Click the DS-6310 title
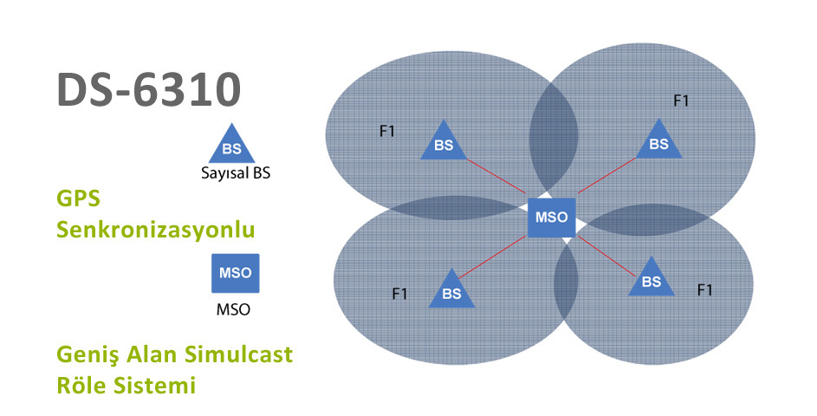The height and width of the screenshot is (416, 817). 148,89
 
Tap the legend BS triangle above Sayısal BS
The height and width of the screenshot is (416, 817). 232,145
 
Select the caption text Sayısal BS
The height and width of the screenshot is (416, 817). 236,173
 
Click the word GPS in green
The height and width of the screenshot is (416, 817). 78,198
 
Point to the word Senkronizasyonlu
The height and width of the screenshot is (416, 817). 156,230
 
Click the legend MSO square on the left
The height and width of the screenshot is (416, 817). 235,273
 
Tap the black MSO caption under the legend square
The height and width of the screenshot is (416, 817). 233,309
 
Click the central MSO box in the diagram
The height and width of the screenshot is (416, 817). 551,218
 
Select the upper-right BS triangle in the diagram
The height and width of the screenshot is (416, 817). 658,140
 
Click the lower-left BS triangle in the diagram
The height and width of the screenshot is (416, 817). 451,291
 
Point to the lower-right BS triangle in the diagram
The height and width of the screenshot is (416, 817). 652,279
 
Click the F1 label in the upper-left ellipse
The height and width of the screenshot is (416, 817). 387,132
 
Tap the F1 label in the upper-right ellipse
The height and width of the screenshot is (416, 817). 681,101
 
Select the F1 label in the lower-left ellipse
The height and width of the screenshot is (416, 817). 399,294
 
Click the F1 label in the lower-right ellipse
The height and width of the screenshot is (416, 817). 704,289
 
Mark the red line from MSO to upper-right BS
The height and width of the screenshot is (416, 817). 606,176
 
